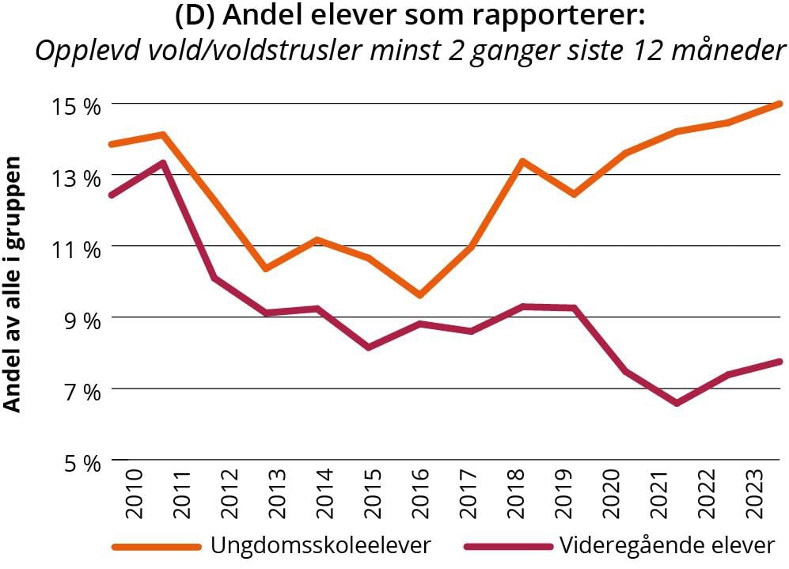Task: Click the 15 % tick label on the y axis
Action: (x=78, y=105)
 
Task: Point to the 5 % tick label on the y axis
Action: (x=82, y=462)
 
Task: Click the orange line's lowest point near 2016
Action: (x=419, y=295)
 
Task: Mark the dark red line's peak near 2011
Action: (x=162, y=163)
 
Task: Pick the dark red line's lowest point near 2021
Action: (x=677, y=404)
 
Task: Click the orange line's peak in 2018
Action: (x=522, y=161)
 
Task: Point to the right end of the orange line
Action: (x=780, y=104)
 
